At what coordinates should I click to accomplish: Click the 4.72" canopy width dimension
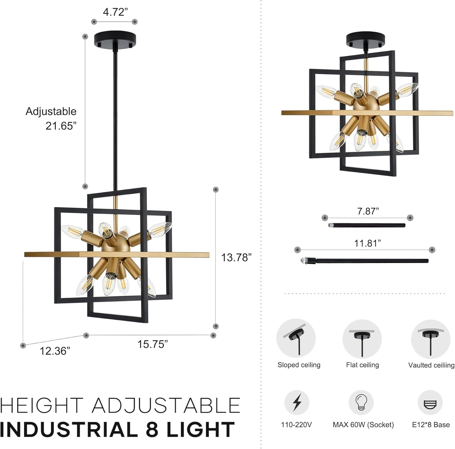(115, 12)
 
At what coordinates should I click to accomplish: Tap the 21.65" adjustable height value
(61, 126)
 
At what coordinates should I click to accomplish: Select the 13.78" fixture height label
(236, 258)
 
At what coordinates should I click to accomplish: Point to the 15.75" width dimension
(152, 344)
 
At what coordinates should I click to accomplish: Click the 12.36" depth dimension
(55, 351)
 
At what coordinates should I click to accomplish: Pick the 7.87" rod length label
(368, 211)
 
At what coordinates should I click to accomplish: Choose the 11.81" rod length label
(367, 243)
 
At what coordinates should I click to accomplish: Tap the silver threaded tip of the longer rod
(304, 261)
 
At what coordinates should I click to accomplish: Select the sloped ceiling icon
(296, 338)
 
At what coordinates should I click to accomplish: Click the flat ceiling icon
(362, 339)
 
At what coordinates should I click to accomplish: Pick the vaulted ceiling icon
(430, 339)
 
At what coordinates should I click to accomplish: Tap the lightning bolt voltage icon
(297, 402)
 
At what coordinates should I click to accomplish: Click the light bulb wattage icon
(361, 402)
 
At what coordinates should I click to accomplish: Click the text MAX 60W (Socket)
(363, 425)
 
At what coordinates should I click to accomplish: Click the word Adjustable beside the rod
(51, 111)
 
